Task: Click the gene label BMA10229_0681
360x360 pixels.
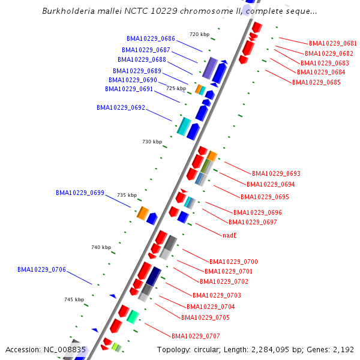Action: click(333, 44)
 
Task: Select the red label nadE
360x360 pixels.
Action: click(230, 236)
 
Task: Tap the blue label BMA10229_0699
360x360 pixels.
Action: click(80, 193)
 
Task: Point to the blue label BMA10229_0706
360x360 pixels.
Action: click(41, 270)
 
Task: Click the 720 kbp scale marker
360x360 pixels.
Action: click(199, 34)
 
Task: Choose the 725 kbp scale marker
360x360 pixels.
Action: click(176, 88)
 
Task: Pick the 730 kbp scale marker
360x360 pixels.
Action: click(152, 142)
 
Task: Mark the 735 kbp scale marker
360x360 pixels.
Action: click(127, 196)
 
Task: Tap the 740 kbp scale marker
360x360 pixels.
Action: click(101, 247)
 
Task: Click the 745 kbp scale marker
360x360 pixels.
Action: click(74, 299)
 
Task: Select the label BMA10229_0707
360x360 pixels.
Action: click(196, 336)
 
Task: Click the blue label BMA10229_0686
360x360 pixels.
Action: click(151, 38)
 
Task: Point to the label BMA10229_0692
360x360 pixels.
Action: click(121, 108)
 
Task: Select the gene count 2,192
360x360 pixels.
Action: click(343, 350)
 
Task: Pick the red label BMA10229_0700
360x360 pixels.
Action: click(233, 262)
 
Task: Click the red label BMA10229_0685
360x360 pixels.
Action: click(316, 82)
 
